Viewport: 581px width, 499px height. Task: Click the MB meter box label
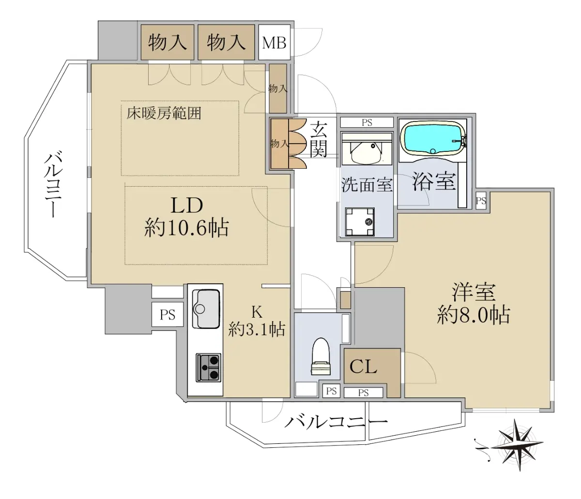pos(274,43)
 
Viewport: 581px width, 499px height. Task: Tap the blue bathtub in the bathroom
pos(433,139)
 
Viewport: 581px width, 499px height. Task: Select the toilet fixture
pos(321,356)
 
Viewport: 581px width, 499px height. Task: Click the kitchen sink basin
pos(206,308)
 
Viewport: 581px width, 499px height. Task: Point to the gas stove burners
pos(208,367)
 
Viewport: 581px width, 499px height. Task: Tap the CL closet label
pos(363,366)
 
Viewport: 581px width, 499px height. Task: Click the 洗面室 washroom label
pos(367,185)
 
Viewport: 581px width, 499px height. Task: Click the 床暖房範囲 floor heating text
pos(164,114)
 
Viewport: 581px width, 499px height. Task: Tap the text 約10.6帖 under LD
pos(186,228)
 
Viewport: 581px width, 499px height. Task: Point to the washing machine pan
pos(360,222)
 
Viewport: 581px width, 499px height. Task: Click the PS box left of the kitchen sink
pos(168,314)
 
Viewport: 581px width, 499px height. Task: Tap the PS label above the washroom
pos(367,123)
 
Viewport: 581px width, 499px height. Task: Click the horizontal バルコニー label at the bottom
pos(336,422)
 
